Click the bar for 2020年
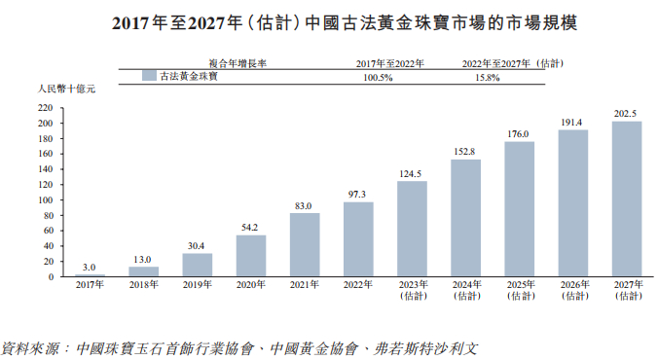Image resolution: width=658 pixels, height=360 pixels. [251, 256]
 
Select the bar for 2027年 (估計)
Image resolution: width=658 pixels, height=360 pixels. [627, 199]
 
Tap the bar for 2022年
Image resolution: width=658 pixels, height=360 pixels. [358, 239]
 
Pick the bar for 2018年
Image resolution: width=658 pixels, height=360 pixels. [144, 271]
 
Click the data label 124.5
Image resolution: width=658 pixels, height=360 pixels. [412, 174]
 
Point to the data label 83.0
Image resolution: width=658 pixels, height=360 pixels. [305, 205]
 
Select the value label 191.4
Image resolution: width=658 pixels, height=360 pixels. [572, 123]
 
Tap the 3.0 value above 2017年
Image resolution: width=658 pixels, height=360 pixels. [89, 267]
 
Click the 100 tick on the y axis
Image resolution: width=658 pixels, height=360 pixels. [45, 200]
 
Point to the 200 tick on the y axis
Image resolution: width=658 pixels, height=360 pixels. [45, 124]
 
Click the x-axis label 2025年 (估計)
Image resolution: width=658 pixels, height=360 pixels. [519, 292]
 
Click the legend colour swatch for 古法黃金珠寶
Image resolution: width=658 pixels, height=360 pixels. [149, 76]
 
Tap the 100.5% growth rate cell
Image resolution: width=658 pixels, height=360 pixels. [378, 77]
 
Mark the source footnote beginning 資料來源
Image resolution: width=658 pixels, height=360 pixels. [239, 346]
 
